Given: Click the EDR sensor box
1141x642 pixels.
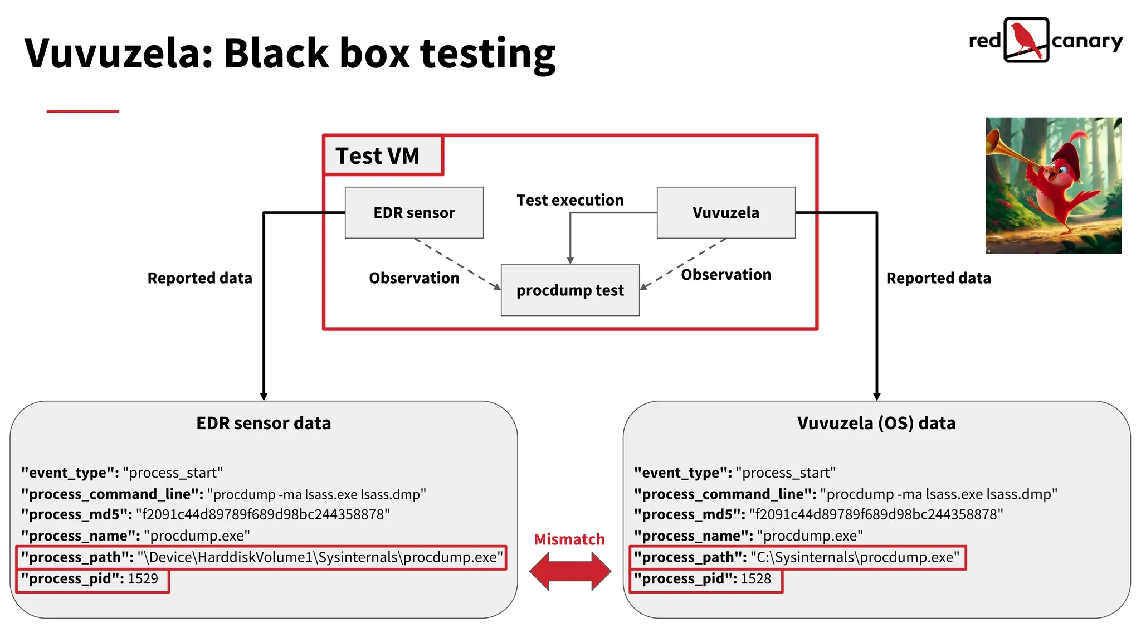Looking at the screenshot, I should pyautogui.click(x=414, y=212).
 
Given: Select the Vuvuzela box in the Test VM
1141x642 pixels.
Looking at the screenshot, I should pyautogui.click(x=725, y=212).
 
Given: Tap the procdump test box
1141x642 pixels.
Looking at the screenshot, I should pyautogui.click(x=569, y=290).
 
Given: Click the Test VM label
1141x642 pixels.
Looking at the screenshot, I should pyautogui.click(x=377, y=155).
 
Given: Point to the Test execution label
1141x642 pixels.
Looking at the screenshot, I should pyautogui.click(x=569, y=200).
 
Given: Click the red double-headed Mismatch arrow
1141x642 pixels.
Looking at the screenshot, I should pyautogui.click(x=569, y=571).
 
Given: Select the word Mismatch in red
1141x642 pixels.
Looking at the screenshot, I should pyautogui.click(x=569, y=539).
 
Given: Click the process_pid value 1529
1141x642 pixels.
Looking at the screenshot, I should pyautogui.click(x=143, y=579).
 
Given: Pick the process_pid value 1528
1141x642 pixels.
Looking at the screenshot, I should pyautogui.click(x=755, y=579).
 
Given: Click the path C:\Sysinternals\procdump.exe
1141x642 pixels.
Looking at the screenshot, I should pyautogui.click(x=855, y=557).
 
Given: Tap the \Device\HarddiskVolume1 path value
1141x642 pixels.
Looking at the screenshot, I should pyautogui.click(x=320, y=557).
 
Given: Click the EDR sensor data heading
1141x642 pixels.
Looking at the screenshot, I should pyautogui.click(x=264, y=423).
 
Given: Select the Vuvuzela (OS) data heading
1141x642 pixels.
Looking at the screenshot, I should pyautogui.click(x=876, y=423).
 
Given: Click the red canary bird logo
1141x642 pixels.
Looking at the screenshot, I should pyautogui.click(x=1026, y=40).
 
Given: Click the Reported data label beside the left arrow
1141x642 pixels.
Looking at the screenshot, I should pyautogui.click(x=199, y=278).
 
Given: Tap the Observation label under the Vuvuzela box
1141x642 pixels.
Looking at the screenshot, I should pyautogui.click(x=725, y=275).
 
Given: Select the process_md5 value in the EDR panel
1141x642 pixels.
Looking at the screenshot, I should pyautogui.click(x=263, y=514).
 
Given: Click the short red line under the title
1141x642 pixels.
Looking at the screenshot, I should pyautogui.click(x=82, y=111).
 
